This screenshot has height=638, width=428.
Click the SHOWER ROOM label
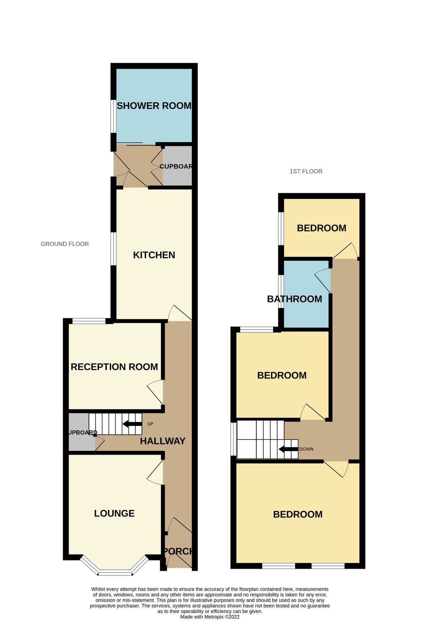[x=154, y=106]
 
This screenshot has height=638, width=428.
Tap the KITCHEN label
[x=154, y=255]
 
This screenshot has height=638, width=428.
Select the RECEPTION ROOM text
[x=114, y=367]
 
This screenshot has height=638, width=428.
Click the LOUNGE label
[x=114, y=513]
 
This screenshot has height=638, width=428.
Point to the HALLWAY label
[x=162, y=441]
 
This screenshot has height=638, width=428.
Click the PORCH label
[x=178, y=551]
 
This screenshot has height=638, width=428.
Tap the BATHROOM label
[x=294, y=299]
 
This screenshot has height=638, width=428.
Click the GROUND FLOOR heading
[x=65, y=244]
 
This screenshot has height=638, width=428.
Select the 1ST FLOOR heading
[x=306, y=171]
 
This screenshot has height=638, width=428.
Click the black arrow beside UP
[x=132, y=424]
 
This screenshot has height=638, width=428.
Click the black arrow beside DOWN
[x=288, y=449]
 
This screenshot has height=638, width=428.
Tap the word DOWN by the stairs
[x=306, y=449]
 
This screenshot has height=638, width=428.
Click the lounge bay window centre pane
[x=115, y=572]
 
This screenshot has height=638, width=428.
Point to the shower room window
[x=113, y=116]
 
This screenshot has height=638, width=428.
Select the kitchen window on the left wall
[x=113, y=248]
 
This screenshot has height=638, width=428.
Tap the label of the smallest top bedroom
[x=321, y=228]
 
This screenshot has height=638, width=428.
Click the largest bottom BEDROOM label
[x=298, y=514]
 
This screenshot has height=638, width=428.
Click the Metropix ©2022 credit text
[x=210, y=617]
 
